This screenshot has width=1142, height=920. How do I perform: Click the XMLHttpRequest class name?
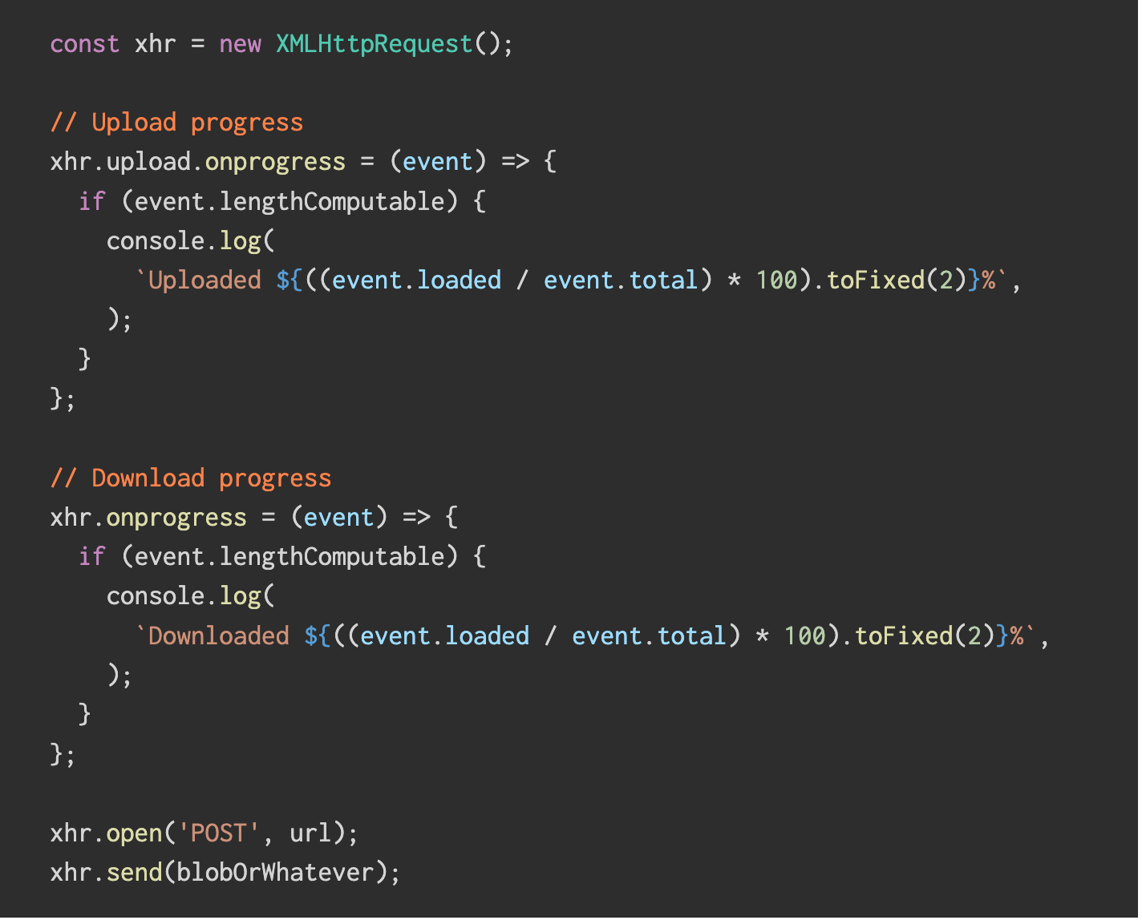pyautogui.click(x=374, y=43)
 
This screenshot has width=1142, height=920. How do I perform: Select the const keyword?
pyautogui.click(x=84, y=43)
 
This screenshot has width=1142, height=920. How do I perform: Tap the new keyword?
pyautogui.click(x=240, y=43)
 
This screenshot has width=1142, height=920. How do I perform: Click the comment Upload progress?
pyautogui.click(x=176, y=123)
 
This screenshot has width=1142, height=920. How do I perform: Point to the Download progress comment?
pyautogui.click(x=191, y=478)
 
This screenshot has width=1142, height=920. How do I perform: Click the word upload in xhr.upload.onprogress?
pyautogui.click(x=148, y=162)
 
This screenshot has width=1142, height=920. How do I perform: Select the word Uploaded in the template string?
pyautogui.click(x=205, y=280)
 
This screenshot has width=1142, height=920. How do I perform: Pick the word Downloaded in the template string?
pyautogui.click(x=218, y=636)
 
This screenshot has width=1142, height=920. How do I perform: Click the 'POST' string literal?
pyautogui.click(x=218, y=833)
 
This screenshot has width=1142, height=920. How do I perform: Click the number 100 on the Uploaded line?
pyautogui.click(x=777, y=280)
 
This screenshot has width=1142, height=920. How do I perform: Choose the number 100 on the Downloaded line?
pyautogui.click(x=805, y=636)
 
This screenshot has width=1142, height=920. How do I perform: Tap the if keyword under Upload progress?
pyautogui.click(x=91, y=201)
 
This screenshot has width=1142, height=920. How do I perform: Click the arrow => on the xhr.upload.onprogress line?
pyautogui.click(x=515, y=162)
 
